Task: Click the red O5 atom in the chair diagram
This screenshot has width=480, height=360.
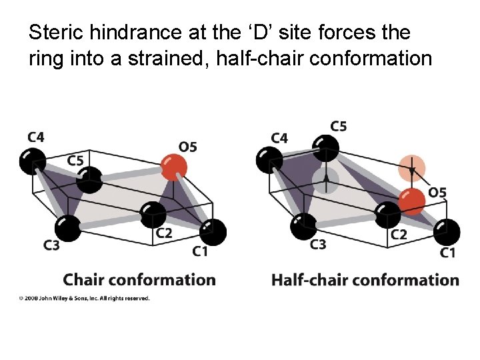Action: pyautogui.click(x=174, y=167)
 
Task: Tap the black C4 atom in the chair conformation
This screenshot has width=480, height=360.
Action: pyautogui.click(x=32, y=160)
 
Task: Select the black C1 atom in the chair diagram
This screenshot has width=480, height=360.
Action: pyautogui.click(x=213, y=232)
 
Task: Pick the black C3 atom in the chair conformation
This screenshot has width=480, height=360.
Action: pyautogui.click(x=67, y=228)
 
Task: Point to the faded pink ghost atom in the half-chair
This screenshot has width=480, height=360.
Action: pyautogui.click(x=412, y=167)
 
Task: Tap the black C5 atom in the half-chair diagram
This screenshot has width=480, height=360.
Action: pyautogui.click(x=326, y=147)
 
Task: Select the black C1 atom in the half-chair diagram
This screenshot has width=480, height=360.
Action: pyautogui.click(x=446, y=232)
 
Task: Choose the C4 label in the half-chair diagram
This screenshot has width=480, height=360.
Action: pyautogui.click(x=280, y=138)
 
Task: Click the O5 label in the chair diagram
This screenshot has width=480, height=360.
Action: pyautogui.click(x=188, y=146)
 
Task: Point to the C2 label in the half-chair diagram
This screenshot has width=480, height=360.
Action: pyautogui.click(x=399, y=235)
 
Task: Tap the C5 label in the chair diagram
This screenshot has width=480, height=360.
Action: pyautogui.click(x=75, y=160)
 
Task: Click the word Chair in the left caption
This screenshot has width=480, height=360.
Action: pyautogui.click(x=84, y=280)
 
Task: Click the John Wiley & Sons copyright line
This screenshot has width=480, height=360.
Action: pyautogui.click(x=84, y=298)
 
